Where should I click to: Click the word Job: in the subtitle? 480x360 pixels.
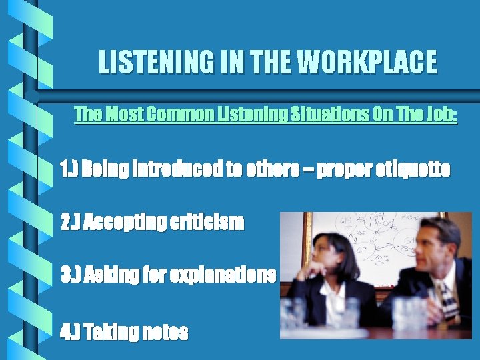tap(440, 114)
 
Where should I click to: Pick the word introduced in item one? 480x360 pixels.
tap(174, 169)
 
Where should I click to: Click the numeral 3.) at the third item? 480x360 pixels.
tap(71, 274)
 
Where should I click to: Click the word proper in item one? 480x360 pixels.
tap(339, 169)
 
